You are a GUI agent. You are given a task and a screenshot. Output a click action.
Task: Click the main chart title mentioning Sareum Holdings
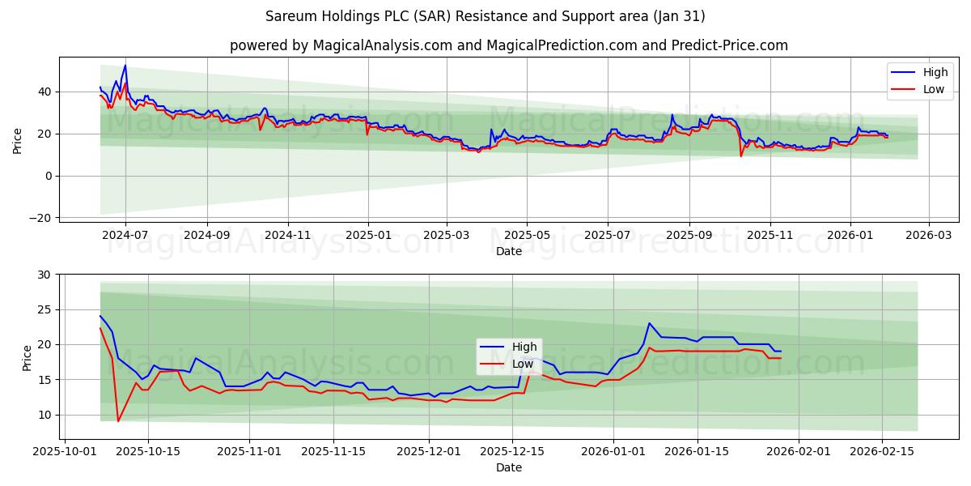485,16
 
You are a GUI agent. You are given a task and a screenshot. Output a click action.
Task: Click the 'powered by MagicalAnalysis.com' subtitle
508,45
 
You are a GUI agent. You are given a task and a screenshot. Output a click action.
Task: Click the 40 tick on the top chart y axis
44,92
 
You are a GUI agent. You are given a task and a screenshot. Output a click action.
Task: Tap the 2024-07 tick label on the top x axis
125,235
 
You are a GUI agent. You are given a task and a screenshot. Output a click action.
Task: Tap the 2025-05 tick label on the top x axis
527,235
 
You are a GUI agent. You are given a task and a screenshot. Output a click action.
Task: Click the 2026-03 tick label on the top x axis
928,235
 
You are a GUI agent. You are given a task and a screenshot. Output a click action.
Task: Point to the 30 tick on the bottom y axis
44,275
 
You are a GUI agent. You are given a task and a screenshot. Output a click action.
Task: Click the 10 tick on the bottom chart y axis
44,415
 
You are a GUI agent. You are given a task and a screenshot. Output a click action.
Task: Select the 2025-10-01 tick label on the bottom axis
66,450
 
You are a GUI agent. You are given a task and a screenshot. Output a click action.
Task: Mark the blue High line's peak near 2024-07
125,66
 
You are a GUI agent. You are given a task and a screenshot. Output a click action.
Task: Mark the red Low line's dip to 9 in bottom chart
118,421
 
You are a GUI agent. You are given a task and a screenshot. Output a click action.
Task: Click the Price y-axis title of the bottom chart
28,358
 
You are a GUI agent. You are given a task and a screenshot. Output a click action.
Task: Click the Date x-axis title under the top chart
509,251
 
